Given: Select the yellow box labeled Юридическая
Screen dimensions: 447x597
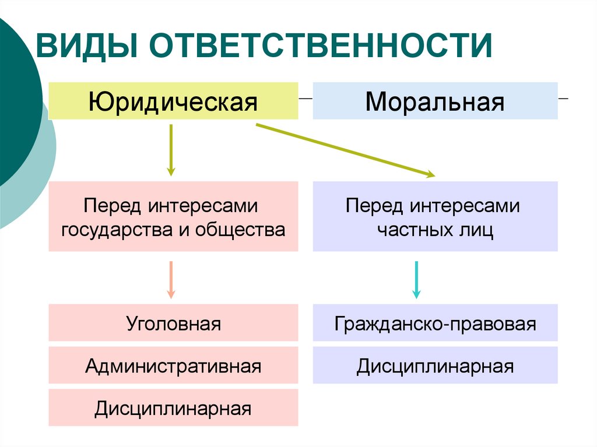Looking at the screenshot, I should click(173, 101).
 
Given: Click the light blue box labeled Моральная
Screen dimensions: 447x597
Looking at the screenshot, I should click(435, 101).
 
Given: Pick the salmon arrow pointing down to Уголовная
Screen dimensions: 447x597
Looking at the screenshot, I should click(171, 280).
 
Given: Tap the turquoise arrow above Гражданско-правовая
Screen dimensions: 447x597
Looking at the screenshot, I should click(416, 280).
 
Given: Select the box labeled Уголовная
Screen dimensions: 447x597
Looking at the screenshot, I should click(173, 323).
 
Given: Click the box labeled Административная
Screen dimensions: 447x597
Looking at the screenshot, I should click(173, 365).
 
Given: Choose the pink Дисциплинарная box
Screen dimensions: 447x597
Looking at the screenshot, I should click(173, 408).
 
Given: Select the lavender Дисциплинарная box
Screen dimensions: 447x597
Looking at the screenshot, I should click(435, 365).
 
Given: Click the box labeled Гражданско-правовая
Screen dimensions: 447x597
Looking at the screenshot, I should click(435, 323).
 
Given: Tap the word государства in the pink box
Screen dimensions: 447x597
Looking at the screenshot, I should click(114, 230).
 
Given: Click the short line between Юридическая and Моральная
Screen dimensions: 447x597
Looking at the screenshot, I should click(305, 99).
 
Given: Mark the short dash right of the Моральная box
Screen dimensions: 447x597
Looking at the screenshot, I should click(564, 99).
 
